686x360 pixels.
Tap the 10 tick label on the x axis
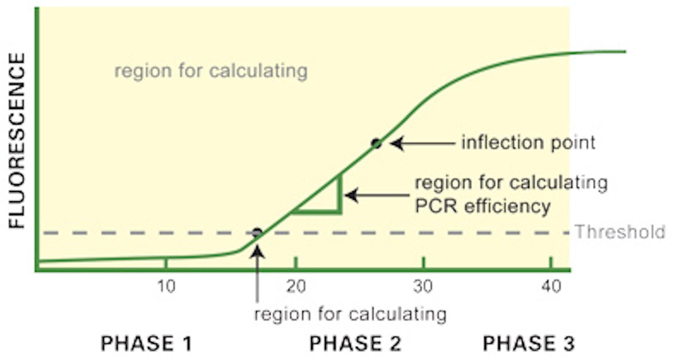click(x=166, y=287)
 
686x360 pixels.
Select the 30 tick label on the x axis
click(x=424, y=287)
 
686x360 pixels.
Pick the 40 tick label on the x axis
click(x=551, y=287)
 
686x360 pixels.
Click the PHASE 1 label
click(x=146, y=343)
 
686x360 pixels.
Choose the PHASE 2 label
click(x=355, y=343)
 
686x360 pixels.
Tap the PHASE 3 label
click(x=528, y=343)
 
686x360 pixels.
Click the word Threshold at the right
click(x=620, y=232)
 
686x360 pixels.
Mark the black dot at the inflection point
click(x=376, y=143)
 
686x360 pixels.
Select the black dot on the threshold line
click(x=257, y=233)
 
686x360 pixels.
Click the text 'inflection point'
click(x=528, y=142)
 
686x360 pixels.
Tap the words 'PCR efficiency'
click(x=482, y=206)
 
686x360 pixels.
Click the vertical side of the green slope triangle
click(x=340, y=194)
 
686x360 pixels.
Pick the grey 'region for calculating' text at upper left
click(x=211, y=72)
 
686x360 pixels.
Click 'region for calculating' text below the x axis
click(x=350, y=314)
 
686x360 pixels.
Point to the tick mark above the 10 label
click(x=166, y=263)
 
